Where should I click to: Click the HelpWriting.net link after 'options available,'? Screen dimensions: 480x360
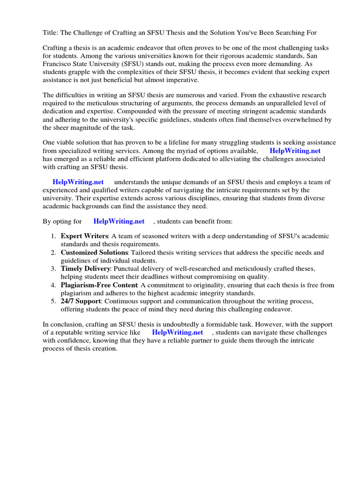(295, 151)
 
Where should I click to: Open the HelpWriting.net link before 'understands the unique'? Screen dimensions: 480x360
(78, 182)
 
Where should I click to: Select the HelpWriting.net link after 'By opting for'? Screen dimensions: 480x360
(119, 221)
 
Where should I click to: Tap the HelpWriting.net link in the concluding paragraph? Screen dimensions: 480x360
(177, 332)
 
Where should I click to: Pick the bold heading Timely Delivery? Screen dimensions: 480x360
(85, 269)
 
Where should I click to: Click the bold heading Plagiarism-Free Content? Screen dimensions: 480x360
(99, 285)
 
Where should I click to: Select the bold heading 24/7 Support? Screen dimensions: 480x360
(80, 301)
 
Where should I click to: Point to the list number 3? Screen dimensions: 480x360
(53, 269)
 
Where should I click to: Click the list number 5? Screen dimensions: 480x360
(53, 301)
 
